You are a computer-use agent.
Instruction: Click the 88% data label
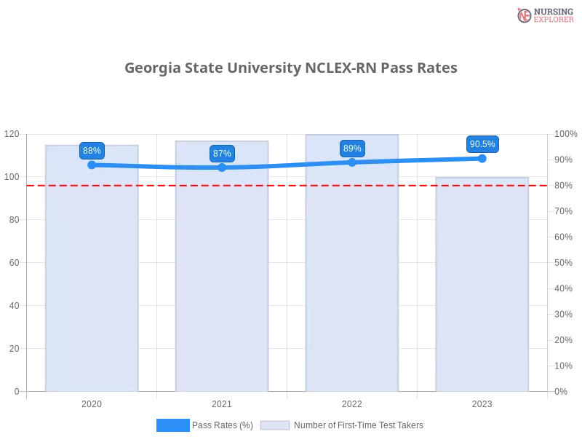(92, 151)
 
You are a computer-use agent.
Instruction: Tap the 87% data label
(222, 154)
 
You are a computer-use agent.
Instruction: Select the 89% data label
(352, 149)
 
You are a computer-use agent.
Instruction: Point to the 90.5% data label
(482, 144)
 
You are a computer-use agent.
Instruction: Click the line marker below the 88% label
(92, 165)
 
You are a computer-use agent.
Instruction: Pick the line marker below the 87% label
(222, 168)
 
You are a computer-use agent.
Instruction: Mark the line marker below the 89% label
(352, 162)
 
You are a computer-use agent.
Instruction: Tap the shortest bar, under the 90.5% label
(481, 291)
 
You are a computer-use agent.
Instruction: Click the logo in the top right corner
(543, 15)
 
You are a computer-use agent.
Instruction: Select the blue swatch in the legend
(172, 425)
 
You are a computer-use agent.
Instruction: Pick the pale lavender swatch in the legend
(275, 425)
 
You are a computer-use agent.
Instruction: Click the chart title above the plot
(291, 68)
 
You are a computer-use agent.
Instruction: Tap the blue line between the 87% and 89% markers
(287, 165)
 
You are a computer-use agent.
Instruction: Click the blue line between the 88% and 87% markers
(156, 167)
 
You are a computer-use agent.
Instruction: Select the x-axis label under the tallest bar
(352, 402)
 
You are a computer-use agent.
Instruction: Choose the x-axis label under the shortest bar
(482, 402)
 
